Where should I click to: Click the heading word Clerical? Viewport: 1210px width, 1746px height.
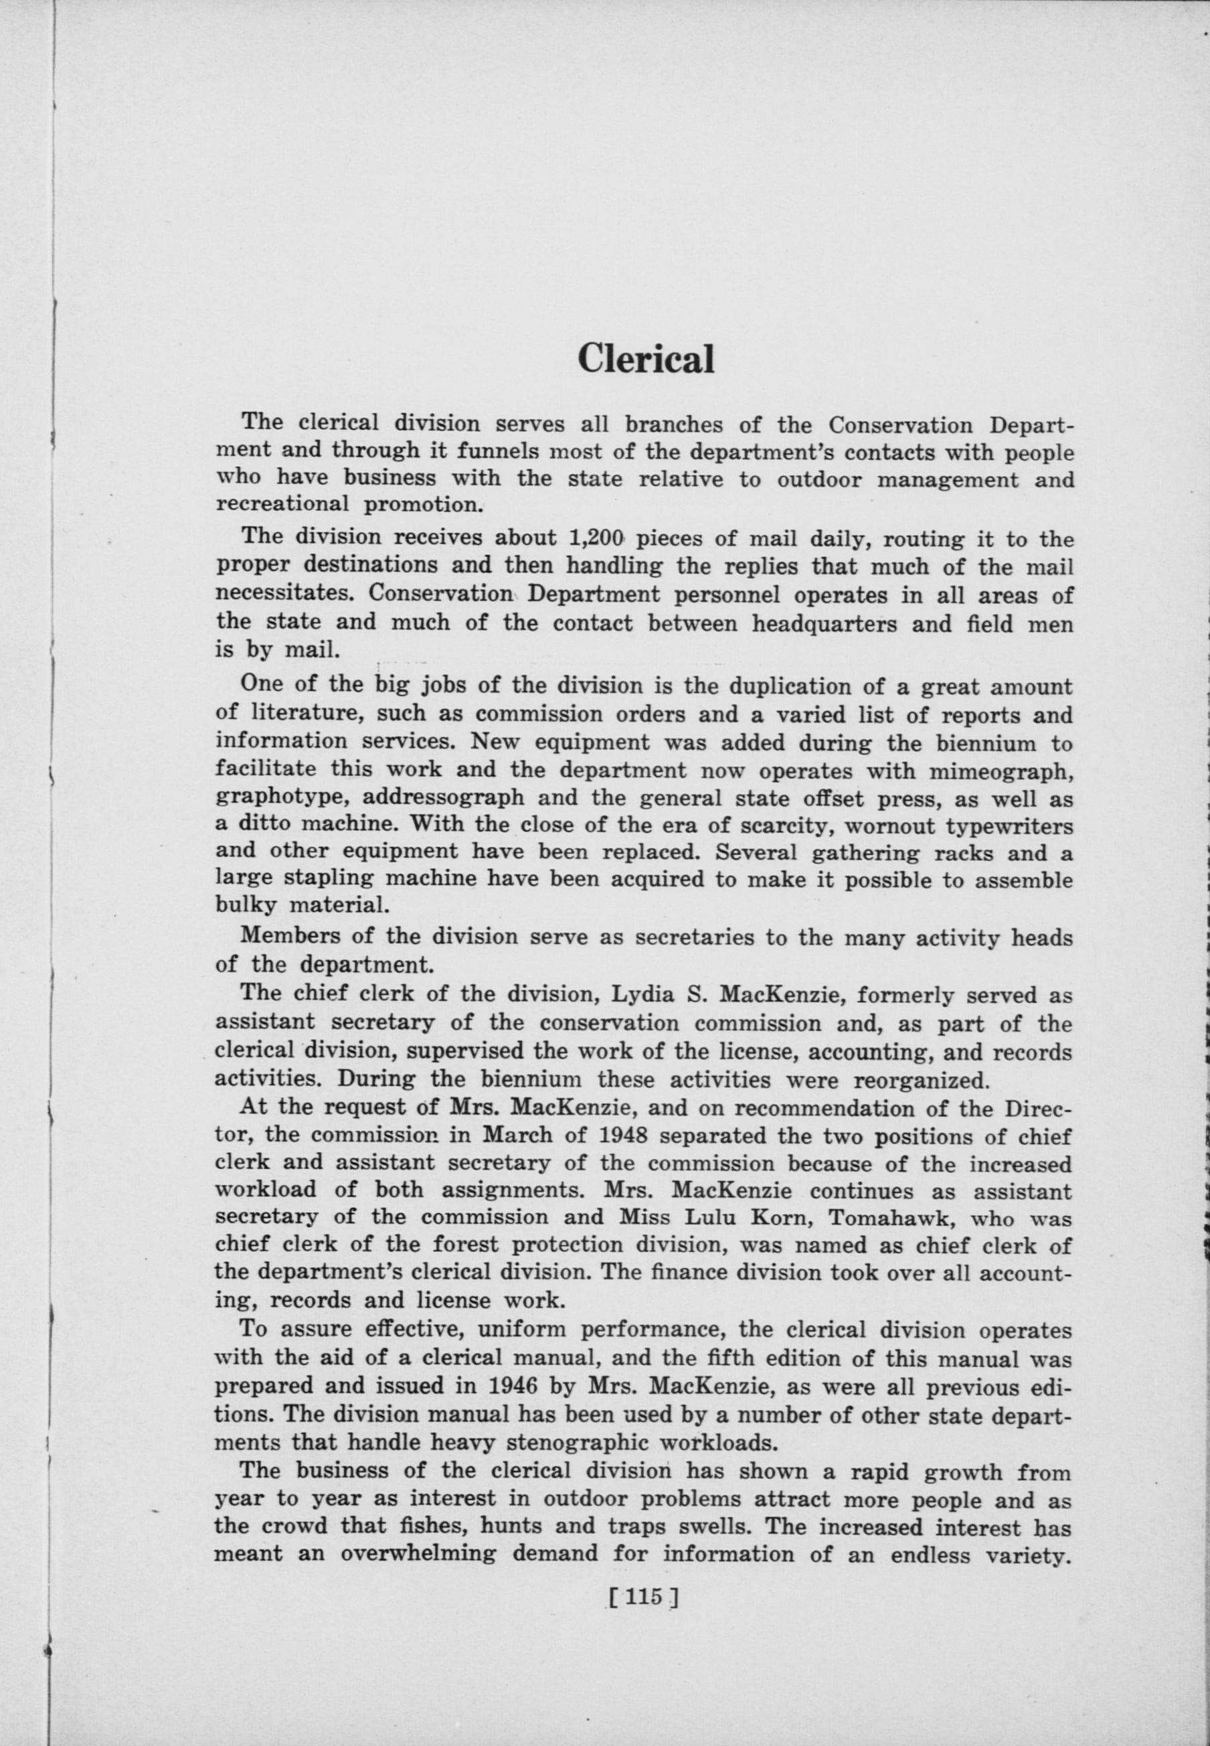point(645,359)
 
